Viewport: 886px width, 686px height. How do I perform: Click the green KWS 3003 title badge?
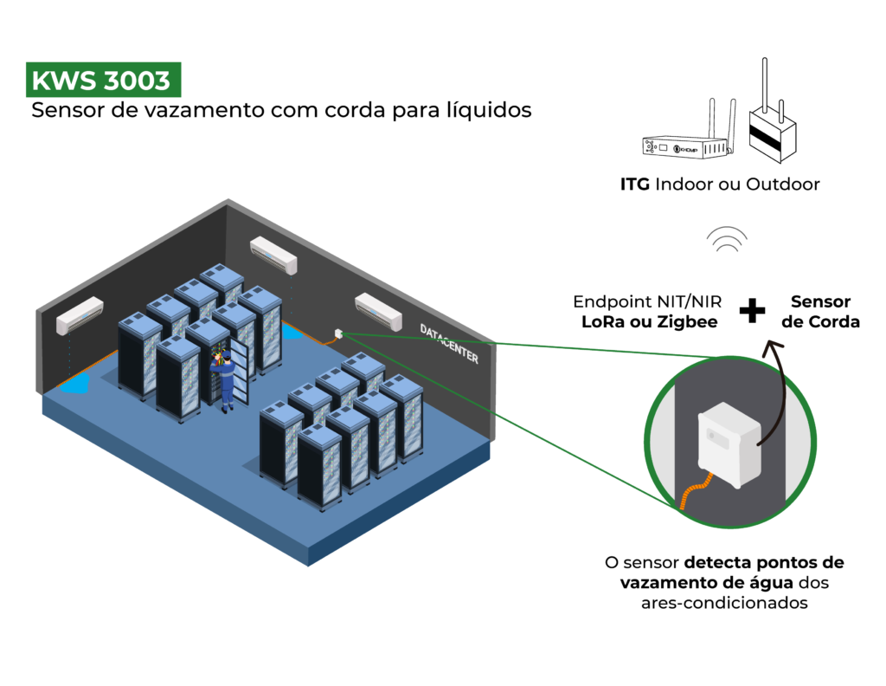102,81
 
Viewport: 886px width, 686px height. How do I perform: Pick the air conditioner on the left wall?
80,316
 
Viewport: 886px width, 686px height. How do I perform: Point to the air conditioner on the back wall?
273,252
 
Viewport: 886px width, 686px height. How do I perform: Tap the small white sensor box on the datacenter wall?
337,333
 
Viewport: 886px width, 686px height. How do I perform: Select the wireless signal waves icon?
726,240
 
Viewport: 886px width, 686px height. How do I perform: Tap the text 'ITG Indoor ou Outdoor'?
719,184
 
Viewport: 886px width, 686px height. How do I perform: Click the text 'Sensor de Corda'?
821,312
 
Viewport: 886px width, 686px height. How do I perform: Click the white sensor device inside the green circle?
729,443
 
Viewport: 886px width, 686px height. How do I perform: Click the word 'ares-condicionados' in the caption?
724,603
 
